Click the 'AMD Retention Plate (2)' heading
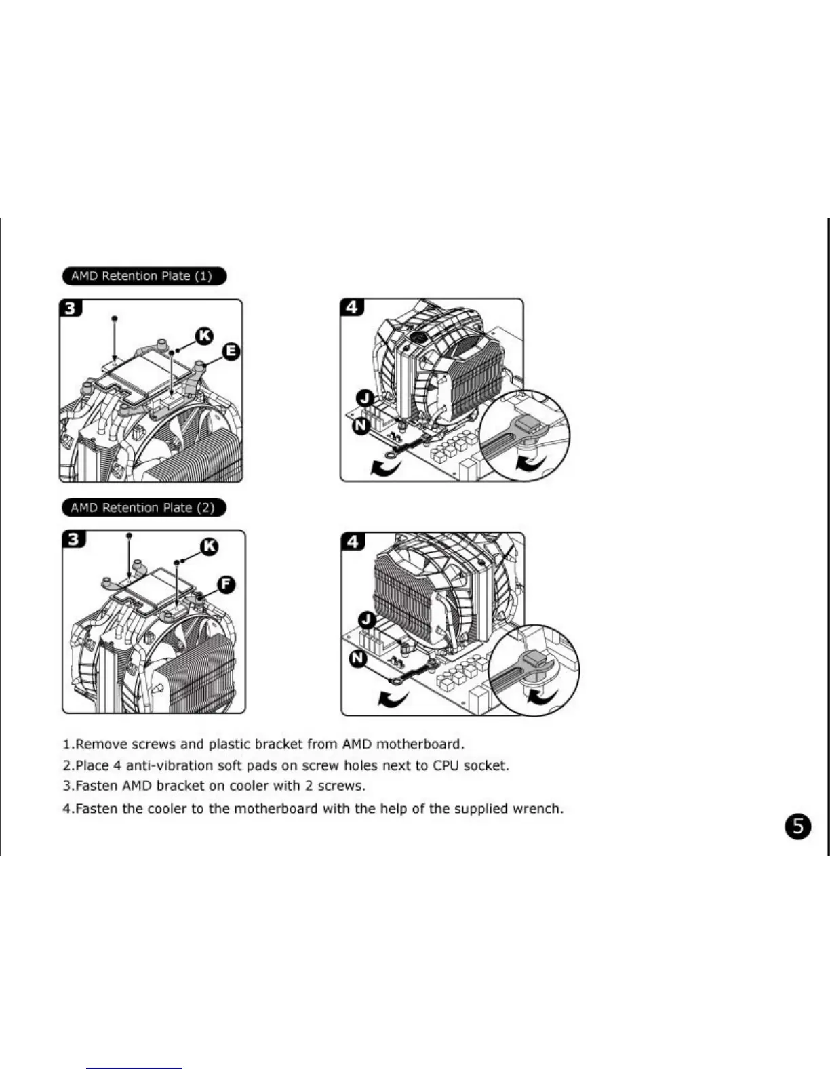[142, 507]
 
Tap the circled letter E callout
[231, 351]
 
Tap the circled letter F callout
[226, 584]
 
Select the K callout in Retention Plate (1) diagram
[204, 335]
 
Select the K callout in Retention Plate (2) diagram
[210, 546]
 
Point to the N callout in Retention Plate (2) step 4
[357, 658]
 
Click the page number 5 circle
[797, 826]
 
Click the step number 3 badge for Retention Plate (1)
[71, 309]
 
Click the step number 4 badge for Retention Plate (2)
[353, 541]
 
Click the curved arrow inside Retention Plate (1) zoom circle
[529, 463]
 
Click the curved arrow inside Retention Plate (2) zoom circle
[542, 696]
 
